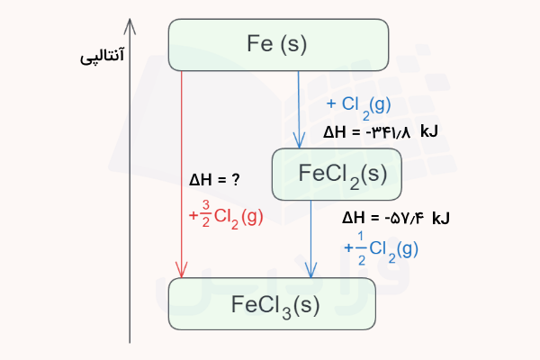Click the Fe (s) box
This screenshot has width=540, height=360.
(x=278, y=43)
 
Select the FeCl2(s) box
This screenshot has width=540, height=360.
(x=336, y=174)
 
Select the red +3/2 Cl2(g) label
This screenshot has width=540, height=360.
(x=226, y=216)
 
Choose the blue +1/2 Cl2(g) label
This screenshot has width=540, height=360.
(x=382, y=248)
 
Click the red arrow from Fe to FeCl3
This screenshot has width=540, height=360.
(x=183, y=171)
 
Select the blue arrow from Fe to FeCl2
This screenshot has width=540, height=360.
(x=298, y=108)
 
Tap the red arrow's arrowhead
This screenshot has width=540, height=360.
(x=183, y=272)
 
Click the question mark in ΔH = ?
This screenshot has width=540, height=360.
(x=235, y=180)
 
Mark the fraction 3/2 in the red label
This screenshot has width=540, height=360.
(x=206, y=216)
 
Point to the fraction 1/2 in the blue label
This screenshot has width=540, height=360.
(x=361, y=248)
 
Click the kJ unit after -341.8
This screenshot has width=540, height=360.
(x=428, y=132)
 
